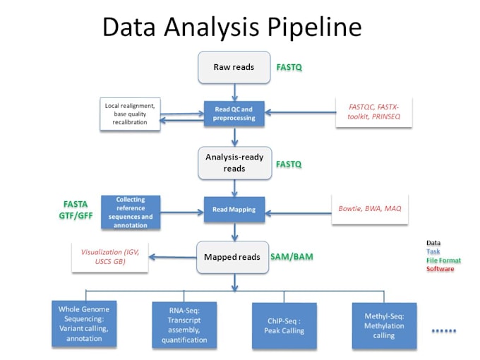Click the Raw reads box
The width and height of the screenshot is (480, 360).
click(234, 68)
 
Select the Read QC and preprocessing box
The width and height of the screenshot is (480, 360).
click(234, 113)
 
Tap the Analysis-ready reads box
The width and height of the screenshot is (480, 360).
click(234, 163)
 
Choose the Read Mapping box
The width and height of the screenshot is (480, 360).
click(234, 210)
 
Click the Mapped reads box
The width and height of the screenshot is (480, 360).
click(234, 257)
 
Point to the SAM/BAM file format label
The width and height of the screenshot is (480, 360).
click(292, 257)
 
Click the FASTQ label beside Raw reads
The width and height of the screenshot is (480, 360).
click(289, 68)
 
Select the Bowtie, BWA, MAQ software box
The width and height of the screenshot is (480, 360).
click(369, 209)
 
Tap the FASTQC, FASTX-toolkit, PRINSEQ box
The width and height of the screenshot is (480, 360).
click(373, 113)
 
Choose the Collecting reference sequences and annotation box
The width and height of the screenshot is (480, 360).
click(131, 212)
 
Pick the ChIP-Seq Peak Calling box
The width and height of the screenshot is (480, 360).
click(284, 325)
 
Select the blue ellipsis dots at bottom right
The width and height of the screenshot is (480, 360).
click(444, 330)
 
